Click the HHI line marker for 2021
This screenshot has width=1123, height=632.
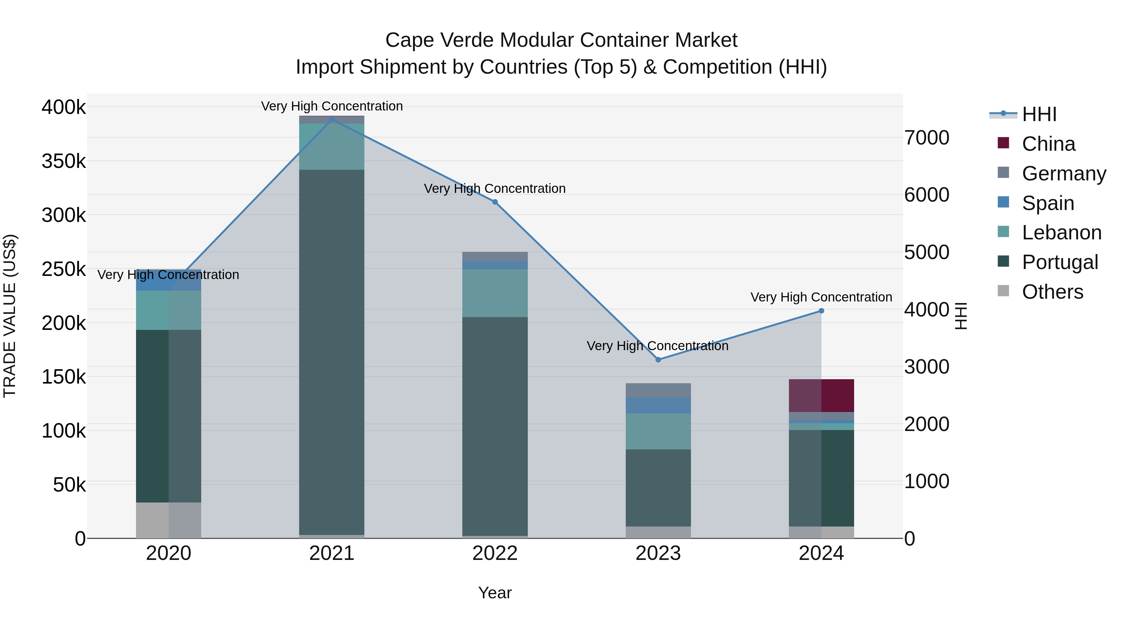click(332, 119)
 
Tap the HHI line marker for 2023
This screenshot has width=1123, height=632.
click(658, 360)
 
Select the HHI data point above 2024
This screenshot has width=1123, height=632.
click(821, 311)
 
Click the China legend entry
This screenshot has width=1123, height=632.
click(1048, 144)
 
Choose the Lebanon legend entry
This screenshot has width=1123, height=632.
click(1061, 233)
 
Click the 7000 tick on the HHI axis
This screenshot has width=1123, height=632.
click(927, 138)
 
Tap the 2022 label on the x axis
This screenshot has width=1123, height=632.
click(495, 553)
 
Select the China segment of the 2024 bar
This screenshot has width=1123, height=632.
click(821, 396)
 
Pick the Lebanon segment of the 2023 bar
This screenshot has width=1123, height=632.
click(658, 431)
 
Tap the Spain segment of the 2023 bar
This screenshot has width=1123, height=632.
click(658, 405)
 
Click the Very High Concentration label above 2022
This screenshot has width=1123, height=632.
click(495, 189)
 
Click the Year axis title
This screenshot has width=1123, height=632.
click(495, 593)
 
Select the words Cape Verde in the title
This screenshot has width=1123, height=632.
click(440, 40)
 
